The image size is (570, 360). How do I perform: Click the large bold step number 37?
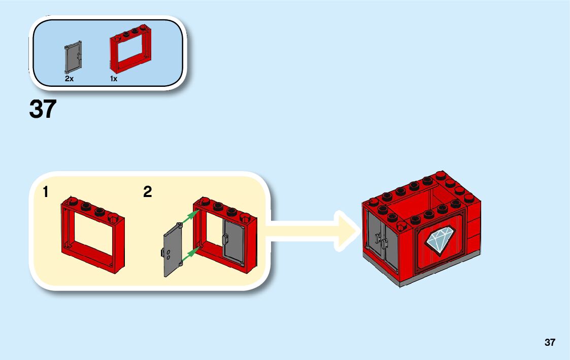(42, 109)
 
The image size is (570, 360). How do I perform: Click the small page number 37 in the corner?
(550, 342)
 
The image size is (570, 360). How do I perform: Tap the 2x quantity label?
(70, 79)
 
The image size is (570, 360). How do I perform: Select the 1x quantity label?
(114, 79)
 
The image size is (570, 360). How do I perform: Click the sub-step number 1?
(46, 192)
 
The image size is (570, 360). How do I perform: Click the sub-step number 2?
(147, 192)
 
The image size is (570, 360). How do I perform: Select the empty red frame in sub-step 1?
(92, 233)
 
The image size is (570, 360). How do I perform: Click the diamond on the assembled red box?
(440, 239)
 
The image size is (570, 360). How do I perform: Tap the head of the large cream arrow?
(345, 231)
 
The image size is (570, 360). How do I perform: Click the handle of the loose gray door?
(162, 252)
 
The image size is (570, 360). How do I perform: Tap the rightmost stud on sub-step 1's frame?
(115, 218)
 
